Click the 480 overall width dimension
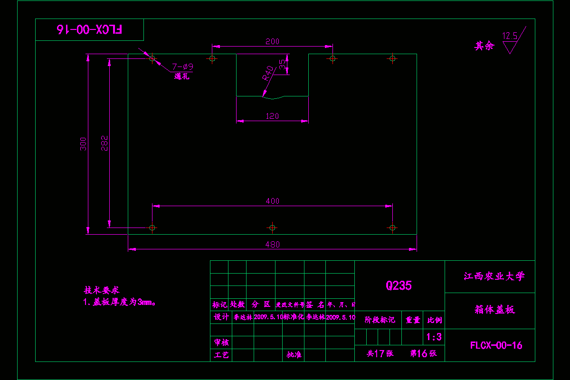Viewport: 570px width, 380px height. [x=272, y=245]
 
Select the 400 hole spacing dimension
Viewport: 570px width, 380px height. [x=272, y=201]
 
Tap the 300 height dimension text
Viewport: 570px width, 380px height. [x=83, y=144]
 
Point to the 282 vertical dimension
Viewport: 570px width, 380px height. [x=105, y=143]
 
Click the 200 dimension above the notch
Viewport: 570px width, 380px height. [x=272, y=42]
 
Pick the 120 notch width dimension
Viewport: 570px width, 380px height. [x=272, y=116]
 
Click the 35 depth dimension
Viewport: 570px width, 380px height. [x=283, y=64]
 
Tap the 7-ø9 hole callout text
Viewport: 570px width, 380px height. [x=182, y=67]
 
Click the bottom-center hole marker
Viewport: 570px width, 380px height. [x=272, y=228]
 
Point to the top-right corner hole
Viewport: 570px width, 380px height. [x=392, y=58]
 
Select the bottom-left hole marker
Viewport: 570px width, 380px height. [x=152, y=228]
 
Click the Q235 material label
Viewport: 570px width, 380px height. [x=399, y=285]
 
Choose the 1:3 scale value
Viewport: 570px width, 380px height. [x=434, y=337]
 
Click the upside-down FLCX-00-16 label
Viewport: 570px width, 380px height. [x=89, y=29]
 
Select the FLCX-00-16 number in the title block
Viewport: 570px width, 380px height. [x=496, y=345]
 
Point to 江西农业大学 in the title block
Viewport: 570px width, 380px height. [x=494, y=276]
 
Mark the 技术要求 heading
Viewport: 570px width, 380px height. [x=101, y=290]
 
